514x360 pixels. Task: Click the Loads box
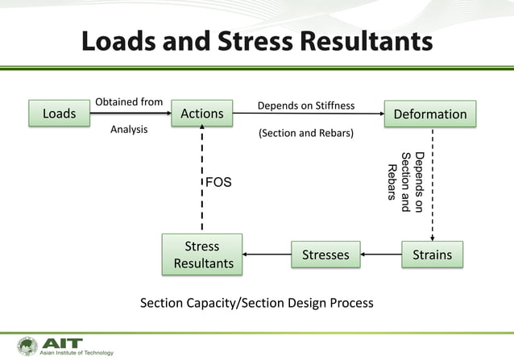(x=59, y=114)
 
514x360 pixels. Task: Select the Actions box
(x=201, y=114)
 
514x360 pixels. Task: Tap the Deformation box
(x=429, y=114)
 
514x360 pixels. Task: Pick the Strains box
(x=432, y=255)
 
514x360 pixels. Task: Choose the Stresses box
(x=325, y=255)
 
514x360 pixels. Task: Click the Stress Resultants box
(x=203, y=254)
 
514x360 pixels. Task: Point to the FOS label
(x=218, y=183)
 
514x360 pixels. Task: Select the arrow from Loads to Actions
(x=129, y=114)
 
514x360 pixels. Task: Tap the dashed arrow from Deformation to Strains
(x=433, y=184)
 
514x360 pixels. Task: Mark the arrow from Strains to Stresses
(x=381, y=255)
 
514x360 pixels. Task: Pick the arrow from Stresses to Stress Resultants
(x=267, y=255)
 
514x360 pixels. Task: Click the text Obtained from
(x=129, y=102)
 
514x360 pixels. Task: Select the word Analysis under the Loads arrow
(x=129, y=129)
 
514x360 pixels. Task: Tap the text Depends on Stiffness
(x=305, y=106)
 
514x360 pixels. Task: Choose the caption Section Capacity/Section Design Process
(x=257, y=303)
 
